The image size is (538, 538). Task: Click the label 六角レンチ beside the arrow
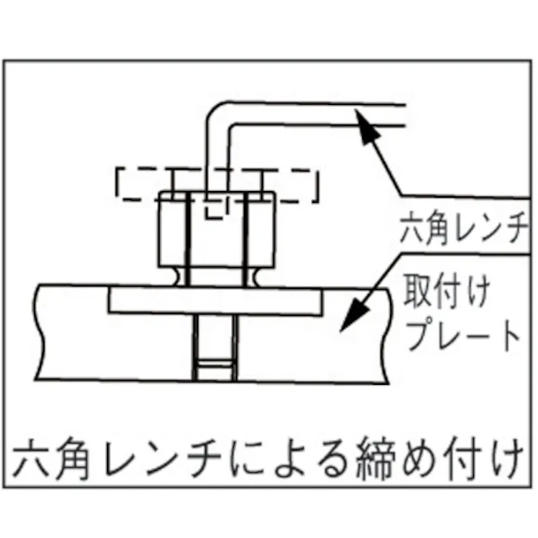coord(464,228)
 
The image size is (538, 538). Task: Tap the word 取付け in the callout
coord(447,293)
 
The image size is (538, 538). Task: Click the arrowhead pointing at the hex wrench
coord(367,126)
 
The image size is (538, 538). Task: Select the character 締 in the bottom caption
coord(374,459)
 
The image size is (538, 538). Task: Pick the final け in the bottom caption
coord(506,459)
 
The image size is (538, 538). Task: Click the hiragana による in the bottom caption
coord(289,459)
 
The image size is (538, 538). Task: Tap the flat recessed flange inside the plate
coord(216,301)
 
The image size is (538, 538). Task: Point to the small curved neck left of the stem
coord(180,276)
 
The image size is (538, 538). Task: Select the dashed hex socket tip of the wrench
coord(216,208)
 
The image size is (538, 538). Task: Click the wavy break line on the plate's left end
coord(39,331)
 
